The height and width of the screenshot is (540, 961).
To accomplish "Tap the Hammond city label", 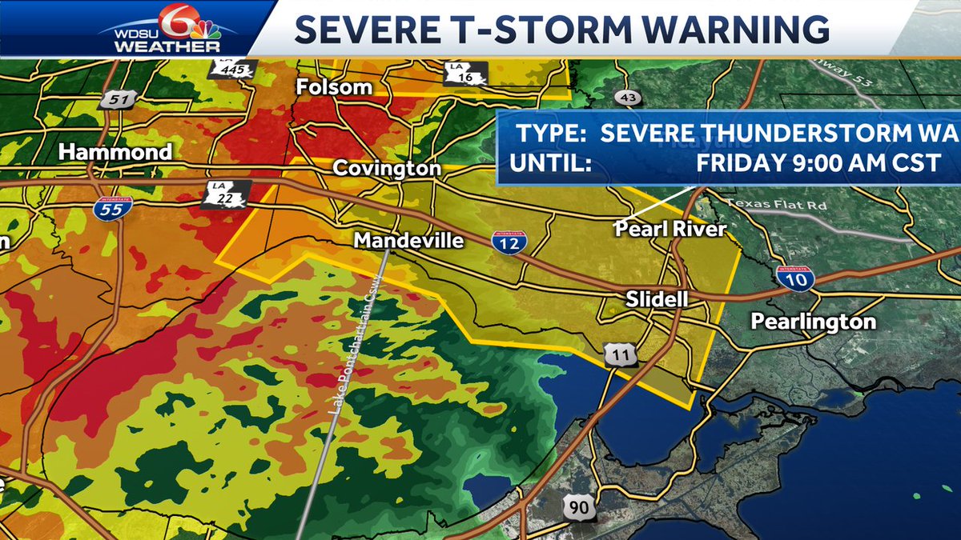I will [115, 152].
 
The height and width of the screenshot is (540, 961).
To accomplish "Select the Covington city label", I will [386, 168].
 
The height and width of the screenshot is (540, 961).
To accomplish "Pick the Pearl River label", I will [669, 230].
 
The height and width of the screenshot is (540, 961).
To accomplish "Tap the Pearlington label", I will [813, 322].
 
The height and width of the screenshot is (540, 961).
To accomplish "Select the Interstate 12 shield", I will [509, 241].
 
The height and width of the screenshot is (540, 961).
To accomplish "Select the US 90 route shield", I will [577, 507].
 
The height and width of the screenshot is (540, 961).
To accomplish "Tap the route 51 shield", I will [111, 100].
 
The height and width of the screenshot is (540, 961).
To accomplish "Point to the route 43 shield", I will [628, 98].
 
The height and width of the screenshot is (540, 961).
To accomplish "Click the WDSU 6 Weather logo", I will [162, 30].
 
